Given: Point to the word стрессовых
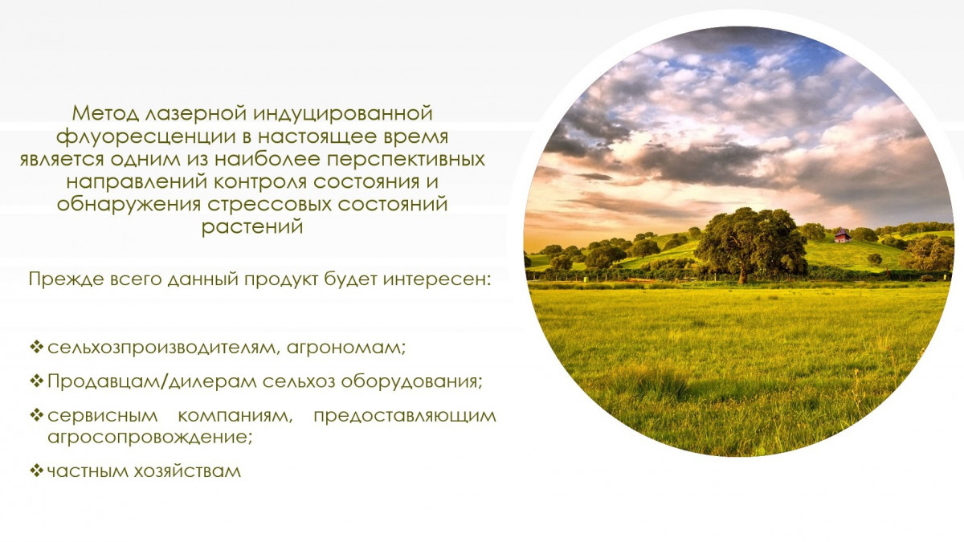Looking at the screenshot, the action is pos(269,204).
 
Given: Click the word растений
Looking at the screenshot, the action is pos(252,226).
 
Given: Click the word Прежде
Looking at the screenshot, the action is pos(67,280).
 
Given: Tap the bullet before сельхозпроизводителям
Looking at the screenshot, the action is pos(37,346).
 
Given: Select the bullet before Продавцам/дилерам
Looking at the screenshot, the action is pos(37,381).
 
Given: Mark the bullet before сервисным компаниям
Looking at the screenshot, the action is pos(37,415).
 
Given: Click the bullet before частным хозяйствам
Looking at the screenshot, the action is pos(37,471).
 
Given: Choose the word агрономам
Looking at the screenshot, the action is pos(346,348).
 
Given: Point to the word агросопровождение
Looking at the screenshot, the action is pos(149,438).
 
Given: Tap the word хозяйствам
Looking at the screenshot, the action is pos(187,471).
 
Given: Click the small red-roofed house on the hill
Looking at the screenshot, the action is pos(842,236).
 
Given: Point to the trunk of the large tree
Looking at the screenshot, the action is pos(743,274).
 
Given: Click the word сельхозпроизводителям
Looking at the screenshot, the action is pos(162,348).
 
